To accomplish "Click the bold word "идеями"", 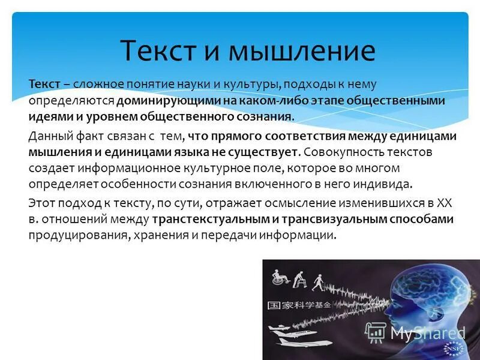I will point(46,116).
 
